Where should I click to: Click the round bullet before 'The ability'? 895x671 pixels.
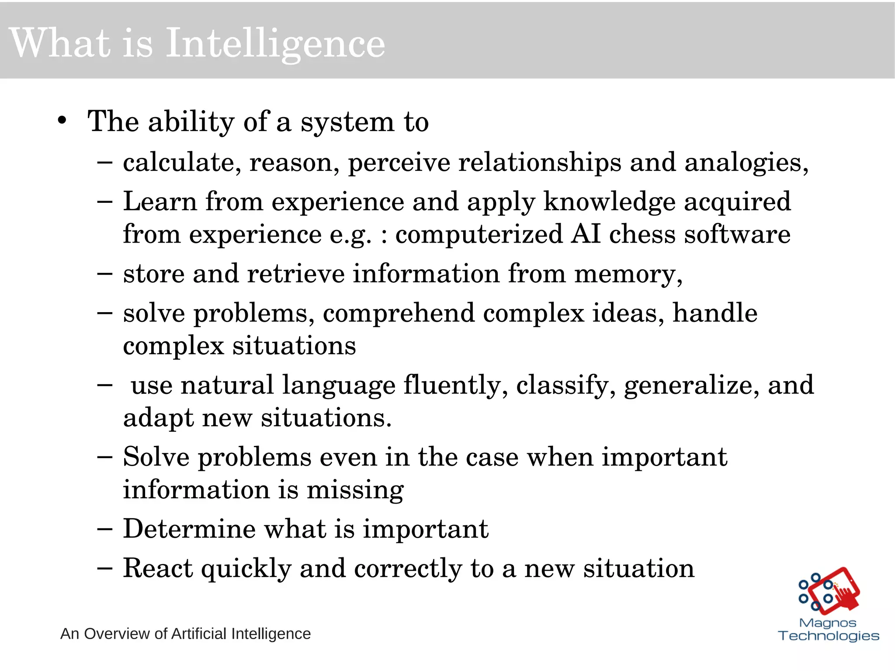[x=62, y=121]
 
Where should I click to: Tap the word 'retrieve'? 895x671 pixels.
[x=296, y=274]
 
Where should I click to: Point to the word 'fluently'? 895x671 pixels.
[x=455, y=386]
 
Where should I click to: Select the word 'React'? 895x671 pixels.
[x=158, y=568]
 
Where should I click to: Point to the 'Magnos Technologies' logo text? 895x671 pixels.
[x=829, y=629]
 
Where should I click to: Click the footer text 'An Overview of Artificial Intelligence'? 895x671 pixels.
[x=185, y=634]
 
